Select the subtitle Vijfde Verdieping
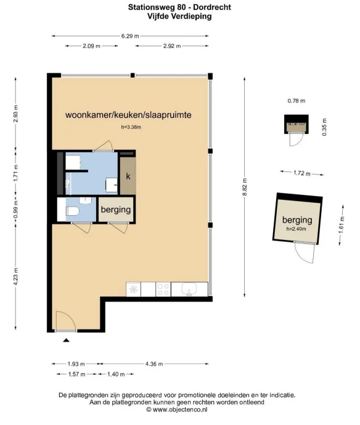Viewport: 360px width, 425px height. click(179, 17)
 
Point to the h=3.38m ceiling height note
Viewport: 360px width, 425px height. click(131, 128)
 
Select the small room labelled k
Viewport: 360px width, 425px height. click(128, 176)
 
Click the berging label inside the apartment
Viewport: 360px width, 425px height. click(116, 210)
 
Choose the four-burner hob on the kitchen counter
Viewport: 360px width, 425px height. click(163, 288)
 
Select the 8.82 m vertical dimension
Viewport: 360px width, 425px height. click(246, 185)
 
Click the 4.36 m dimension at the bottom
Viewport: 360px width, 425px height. click(153, 364)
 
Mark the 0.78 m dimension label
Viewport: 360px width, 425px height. click(297, 101)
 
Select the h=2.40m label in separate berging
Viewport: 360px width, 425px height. click(297, 229)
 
